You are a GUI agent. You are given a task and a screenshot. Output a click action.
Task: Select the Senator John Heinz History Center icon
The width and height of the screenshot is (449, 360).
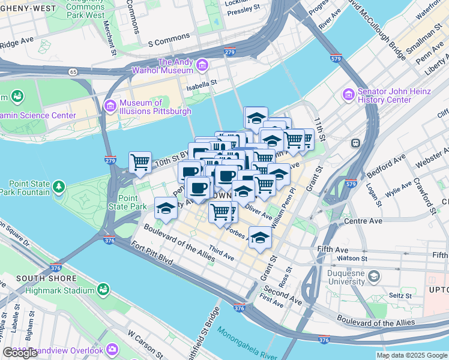click(348, 94)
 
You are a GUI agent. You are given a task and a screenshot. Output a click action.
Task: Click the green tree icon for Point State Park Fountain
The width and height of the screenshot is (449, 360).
click(59, 187)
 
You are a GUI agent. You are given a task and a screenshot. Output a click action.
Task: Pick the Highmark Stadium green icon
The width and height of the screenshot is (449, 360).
click(102, 290)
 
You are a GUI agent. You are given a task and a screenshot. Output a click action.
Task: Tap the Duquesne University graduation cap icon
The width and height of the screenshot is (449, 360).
click(374, 276)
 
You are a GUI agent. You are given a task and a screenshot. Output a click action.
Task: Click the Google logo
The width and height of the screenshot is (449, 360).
click(20, 353)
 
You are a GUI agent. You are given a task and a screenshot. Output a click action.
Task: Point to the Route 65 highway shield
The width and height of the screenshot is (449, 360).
click(73, 71)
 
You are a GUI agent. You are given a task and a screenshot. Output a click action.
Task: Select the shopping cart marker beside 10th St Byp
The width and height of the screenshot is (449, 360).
click(140, 162)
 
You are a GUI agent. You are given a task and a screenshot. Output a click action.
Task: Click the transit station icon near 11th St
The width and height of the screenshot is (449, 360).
click(355, 143)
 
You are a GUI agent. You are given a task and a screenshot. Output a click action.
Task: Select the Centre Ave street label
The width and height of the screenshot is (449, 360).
click(363, 221)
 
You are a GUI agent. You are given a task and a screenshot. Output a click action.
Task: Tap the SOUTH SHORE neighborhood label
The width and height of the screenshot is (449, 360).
click(46, 278)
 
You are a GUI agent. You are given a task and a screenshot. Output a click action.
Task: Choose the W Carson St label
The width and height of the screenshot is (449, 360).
click(144, 343)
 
